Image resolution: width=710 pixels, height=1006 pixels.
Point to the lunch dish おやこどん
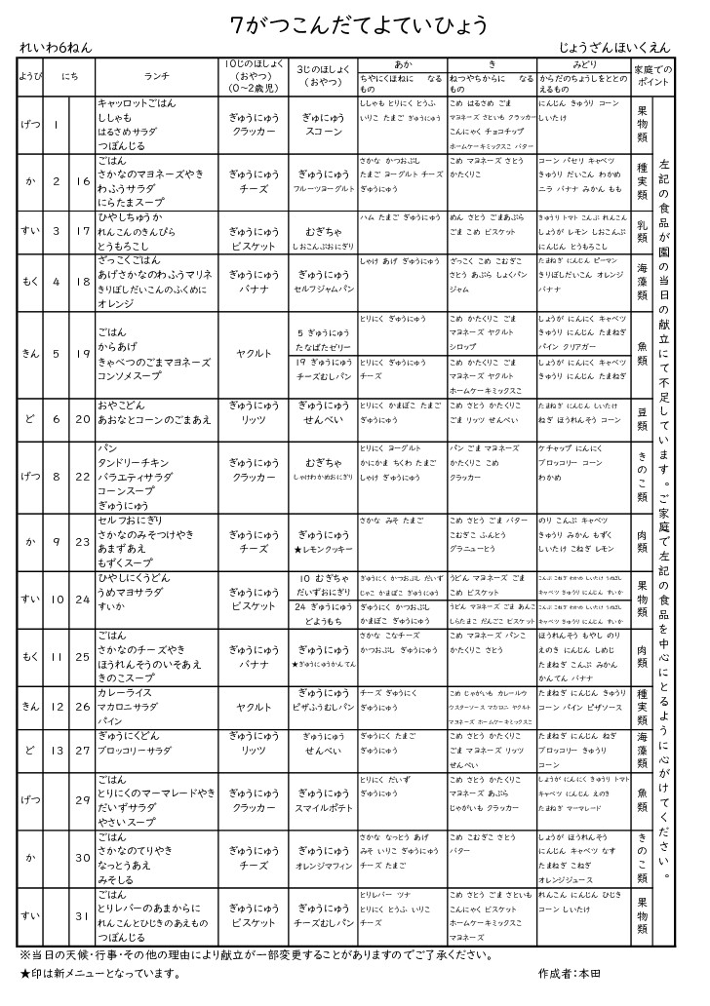click(x=122, y=405)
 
